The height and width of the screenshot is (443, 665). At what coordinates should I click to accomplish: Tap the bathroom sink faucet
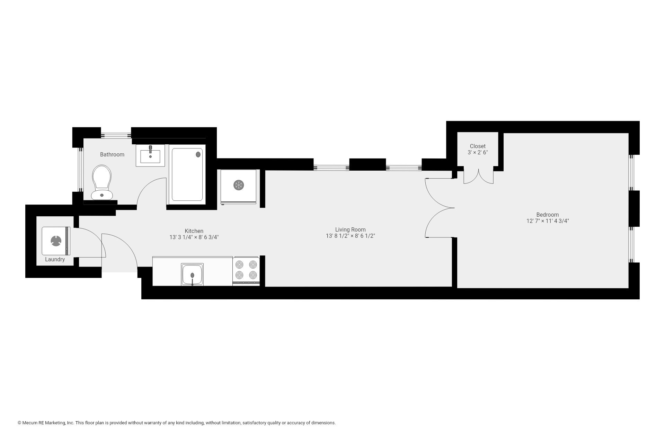(150, 149)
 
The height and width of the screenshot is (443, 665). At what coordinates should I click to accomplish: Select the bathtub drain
(198, 154)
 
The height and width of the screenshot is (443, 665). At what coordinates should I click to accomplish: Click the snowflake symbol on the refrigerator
(239, 185)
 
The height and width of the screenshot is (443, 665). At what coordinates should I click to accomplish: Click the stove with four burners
(246, 270)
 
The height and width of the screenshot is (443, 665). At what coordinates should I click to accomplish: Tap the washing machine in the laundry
(56, 241)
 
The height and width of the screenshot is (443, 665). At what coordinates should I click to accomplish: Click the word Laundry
(55, 260)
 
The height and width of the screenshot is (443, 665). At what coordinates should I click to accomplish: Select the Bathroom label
(112, 154)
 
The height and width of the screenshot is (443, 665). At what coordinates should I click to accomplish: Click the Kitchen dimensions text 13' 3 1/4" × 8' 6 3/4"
(194, 237)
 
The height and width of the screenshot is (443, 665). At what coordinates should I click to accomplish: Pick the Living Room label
(350, 229)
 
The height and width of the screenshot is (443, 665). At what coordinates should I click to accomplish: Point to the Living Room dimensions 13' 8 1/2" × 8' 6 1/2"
(350, 236)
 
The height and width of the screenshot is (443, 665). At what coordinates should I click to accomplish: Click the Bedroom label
(547, 215)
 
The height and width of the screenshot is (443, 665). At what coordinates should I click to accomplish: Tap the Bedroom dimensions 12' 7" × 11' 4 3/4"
(547, 221)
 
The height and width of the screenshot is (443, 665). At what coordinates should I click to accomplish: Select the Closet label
(478, 146)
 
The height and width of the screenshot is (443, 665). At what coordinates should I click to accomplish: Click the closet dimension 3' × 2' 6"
(478, 152)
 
